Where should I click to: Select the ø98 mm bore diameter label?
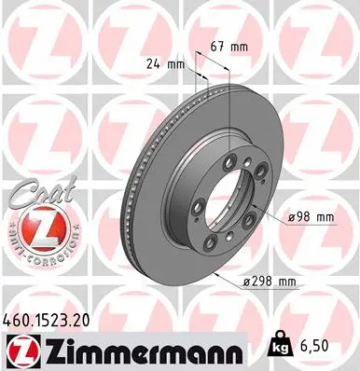[x=312, y=216]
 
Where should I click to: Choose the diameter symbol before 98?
[x=292, y=216]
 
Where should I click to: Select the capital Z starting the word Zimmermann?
[x=54, y=347]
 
